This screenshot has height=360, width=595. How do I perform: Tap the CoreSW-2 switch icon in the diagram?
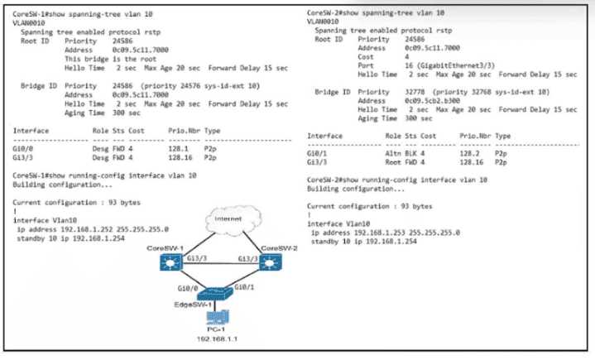(x=271, y=264)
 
